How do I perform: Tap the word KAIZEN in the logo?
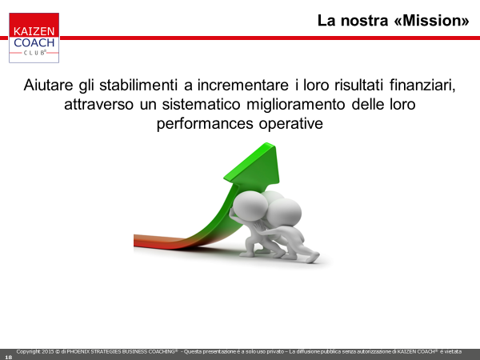[34, 31]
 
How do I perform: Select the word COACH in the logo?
[34, 42]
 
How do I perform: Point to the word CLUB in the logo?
[34, 53]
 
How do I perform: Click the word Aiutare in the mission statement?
[48, 85]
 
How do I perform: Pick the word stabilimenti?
[138, 85]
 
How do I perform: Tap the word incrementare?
[242, 85]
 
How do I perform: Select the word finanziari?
[422, 85]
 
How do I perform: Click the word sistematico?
[201, 104]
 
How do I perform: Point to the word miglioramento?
[296, 105]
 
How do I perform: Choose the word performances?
[205, 124]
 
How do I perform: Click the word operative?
[291, 124]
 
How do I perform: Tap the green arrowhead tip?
[267, 143]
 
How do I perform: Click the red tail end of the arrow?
[135, 240]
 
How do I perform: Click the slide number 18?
[9, 357]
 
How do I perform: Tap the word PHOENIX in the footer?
[78, 352]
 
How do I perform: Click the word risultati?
[358, 85]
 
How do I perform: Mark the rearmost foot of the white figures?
[312, 258]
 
